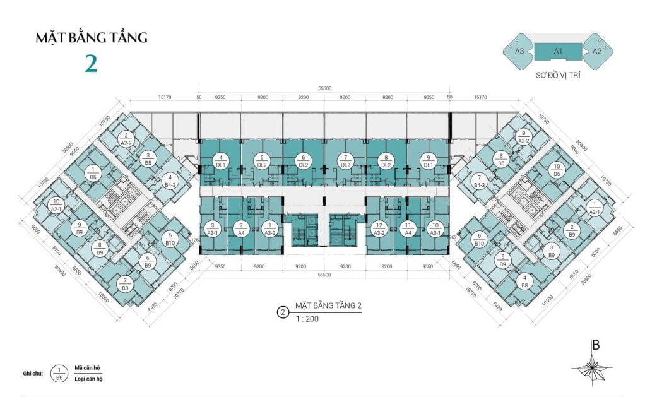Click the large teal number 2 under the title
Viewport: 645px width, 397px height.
click(x=92, y=63)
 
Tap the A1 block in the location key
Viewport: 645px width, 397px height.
click(x=559, y=50)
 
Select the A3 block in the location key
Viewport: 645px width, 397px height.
click(x=520, y=50)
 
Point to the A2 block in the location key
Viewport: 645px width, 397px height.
click(x=597, y=50)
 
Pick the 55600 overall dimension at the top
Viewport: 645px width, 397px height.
click(x=324, y=89)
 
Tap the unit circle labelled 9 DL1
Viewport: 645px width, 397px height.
click(x=429, y=160)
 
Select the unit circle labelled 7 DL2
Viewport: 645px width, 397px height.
click(x=345, y=160)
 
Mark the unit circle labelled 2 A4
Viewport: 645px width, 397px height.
click(x=241, y=228)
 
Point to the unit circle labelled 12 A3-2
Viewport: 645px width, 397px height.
click(x=380, y=228)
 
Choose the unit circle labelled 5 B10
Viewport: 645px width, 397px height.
click(x=170, y=239)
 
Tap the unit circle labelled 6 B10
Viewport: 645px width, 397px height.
click(x=478, y=239)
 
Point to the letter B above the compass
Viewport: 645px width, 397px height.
click(x=595, y=345)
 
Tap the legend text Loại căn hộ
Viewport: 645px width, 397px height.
click(x=88, y=379)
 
